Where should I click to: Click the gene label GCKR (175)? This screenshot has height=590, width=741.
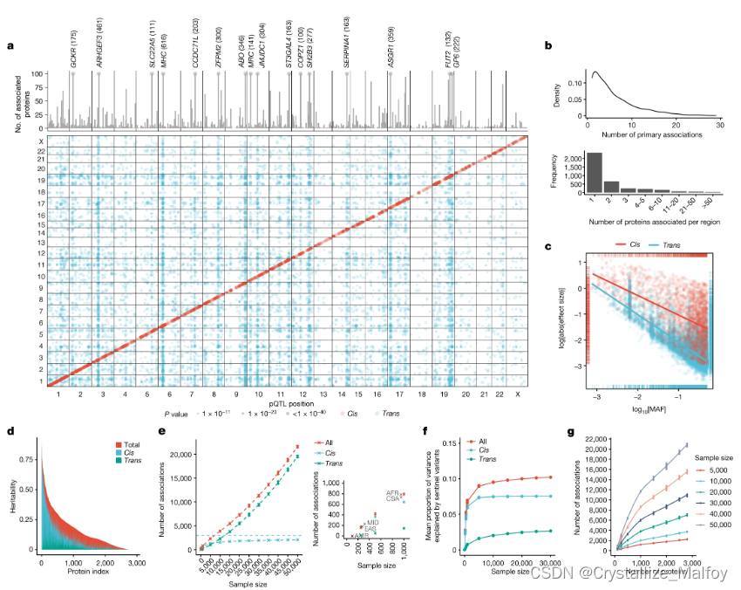(75, 45)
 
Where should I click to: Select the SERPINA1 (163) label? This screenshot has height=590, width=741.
(348, 42)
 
